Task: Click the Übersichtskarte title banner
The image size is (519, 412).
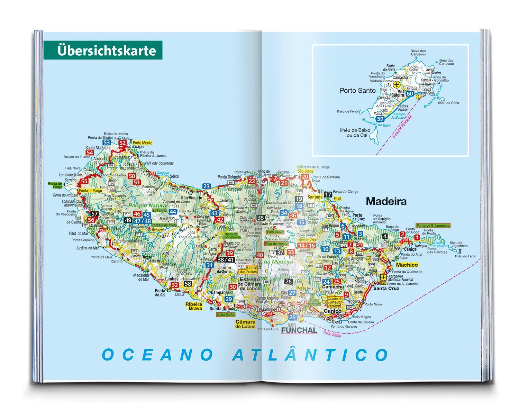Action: point(103,50)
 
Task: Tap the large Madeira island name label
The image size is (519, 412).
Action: point(386,201)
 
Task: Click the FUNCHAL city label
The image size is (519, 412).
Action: point(299,330)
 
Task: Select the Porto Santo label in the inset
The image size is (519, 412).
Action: point(357,91)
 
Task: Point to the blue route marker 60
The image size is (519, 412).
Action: point(410,94)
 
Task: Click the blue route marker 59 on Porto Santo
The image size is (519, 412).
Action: point(380,119)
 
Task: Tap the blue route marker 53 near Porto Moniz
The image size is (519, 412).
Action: point(107,143)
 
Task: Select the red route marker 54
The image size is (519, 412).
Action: point(90,153)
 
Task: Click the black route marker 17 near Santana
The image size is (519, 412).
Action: point(328,194)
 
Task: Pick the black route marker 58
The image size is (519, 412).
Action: point(188,284)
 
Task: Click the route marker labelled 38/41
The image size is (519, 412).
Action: point(226,259)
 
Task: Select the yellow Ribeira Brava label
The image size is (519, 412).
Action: point(194,306)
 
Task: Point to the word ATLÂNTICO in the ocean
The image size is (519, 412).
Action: point(310,355)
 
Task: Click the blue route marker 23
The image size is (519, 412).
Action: point(207,186)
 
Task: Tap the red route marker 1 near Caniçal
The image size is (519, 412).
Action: point(417,237)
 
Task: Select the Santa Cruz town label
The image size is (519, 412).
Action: point(386,288)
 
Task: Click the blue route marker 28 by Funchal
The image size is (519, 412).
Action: point(293,318)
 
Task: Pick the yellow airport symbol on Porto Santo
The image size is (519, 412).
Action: point(397,84)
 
